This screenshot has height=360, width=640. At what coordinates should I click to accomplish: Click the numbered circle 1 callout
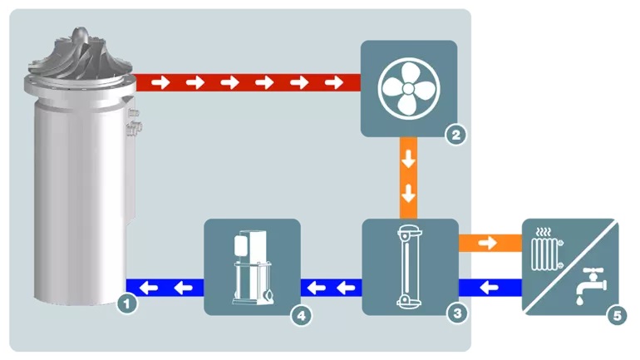pos(126,304)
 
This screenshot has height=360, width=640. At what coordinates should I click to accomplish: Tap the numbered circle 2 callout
pos(455,133)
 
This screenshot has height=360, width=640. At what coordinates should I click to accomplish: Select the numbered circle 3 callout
pos(455,313)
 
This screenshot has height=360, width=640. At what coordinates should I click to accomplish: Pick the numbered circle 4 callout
pos(303,315)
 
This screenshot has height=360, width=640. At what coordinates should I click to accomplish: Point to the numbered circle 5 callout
pos(616,315)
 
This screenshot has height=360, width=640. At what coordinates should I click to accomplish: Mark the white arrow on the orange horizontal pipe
pos(490,244)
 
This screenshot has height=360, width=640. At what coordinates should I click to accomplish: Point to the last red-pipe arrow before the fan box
pos(334,82)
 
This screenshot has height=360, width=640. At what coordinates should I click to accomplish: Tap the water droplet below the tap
pos(578,295)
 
